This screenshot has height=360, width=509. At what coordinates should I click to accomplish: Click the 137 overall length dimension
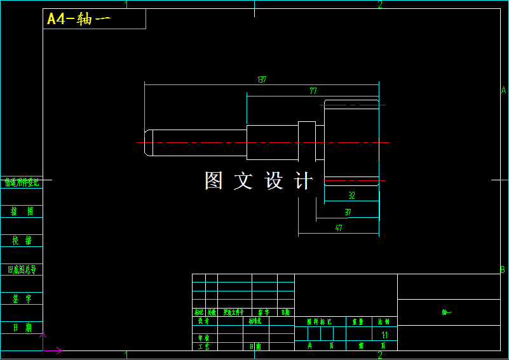pos(261,80)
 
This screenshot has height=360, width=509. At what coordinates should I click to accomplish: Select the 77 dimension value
pos(313,91)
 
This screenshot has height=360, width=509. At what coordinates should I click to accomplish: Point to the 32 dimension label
pos(351,196)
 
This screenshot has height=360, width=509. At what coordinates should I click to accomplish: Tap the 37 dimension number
pos(348,212)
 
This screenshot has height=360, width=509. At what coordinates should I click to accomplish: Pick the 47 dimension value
pos(339,228)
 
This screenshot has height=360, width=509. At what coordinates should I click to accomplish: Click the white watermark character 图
pos(214,181)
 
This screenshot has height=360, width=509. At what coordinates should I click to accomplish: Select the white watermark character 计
pos(304,181)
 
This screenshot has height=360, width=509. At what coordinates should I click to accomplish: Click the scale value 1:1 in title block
pos(384,335)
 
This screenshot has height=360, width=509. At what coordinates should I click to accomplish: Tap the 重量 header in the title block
pos(358,322)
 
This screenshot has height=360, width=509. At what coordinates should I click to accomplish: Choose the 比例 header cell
pos(384,322)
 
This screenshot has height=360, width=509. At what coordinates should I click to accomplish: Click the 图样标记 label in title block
pos(319,322)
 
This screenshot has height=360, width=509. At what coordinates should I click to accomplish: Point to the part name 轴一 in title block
pos(447,312)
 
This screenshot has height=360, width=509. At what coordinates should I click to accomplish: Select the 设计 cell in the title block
pos(203,321)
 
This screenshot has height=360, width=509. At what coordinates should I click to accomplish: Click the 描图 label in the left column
pos(22,211)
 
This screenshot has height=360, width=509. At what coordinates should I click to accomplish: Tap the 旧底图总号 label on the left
pos(22,269)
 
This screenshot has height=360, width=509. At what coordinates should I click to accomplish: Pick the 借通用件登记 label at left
pos(22,183)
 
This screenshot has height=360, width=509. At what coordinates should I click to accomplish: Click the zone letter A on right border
pos(503,90)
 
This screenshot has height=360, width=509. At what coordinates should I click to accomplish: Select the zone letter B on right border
pos(503,270)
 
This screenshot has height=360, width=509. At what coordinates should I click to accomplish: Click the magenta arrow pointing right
pos(54,350)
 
